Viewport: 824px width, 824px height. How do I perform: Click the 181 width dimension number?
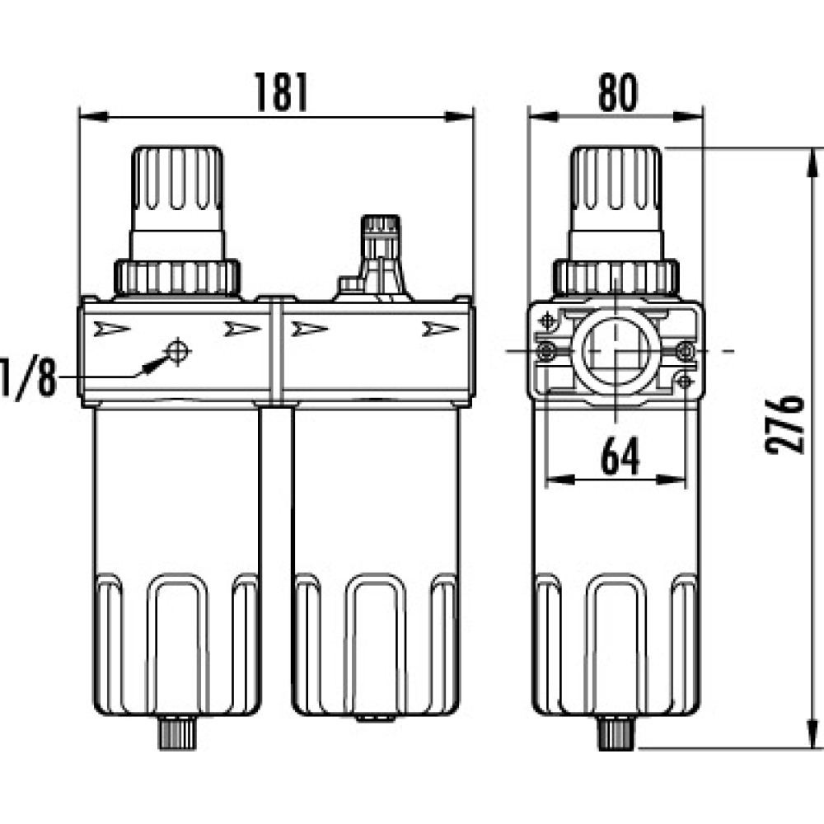click(281, 92)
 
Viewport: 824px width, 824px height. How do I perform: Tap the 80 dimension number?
click(618, 92)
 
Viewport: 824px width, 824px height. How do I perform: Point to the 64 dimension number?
click(620, 456)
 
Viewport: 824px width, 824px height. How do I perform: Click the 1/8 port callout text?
click(27, 377)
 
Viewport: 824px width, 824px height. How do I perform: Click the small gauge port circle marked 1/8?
click(177, 351)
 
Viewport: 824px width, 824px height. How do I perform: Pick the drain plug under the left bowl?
click(177, 733)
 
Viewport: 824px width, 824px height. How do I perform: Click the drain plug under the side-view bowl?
click(616, 733)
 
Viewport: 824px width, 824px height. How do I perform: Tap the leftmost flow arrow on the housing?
click(111, 330)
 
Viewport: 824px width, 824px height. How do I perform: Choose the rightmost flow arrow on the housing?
click(440, 330)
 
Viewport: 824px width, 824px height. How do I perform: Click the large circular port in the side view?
click(616, 350)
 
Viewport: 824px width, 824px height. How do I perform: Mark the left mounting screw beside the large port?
click(545, 350)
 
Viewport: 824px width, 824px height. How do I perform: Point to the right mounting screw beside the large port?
click(686, 350)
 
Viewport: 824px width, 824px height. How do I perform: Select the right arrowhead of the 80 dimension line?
click(688, 117)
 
